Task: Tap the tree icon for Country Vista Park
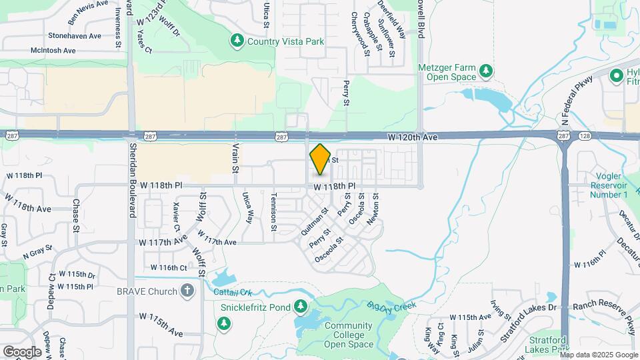pos(237,41)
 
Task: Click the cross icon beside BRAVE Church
pos(187,291)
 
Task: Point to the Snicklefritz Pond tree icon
pos(301,305)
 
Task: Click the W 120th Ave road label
pos(413,137)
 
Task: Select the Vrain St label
pos(235,158)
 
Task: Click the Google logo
pos(22,351)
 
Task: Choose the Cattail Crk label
pos(233,292)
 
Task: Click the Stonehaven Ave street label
pos(74,36)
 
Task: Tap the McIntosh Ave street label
pos(63,50)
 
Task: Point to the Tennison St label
pos(273,212)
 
